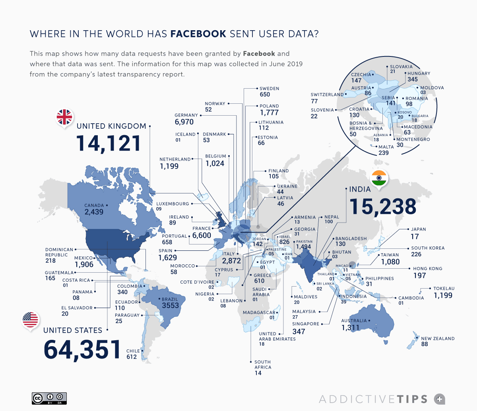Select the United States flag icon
(x=31, y=320)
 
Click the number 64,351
(x=82, y=349)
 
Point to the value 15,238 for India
(x=383, y=207)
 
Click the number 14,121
(x=109, y=143)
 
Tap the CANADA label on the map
(x=94, y=205)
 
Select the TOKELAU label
(x=444, y=289)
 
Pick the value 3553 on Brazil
(x=171, y=306)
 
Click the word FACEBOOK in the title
(x=198, y=34)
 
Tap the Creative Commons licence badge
(x=49, y=398)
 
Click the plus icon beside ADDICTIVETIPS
(x=439, y=399)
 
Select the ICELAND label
(x=185, y=134)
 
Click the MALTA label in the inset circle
(x=386, y=147)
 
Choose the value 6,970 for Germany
(x=184, y=122)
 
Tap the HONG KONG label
(x=427, y=269)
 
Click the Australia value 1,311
(x=350, y=328)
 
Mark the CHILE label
(x=133, y=351)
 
